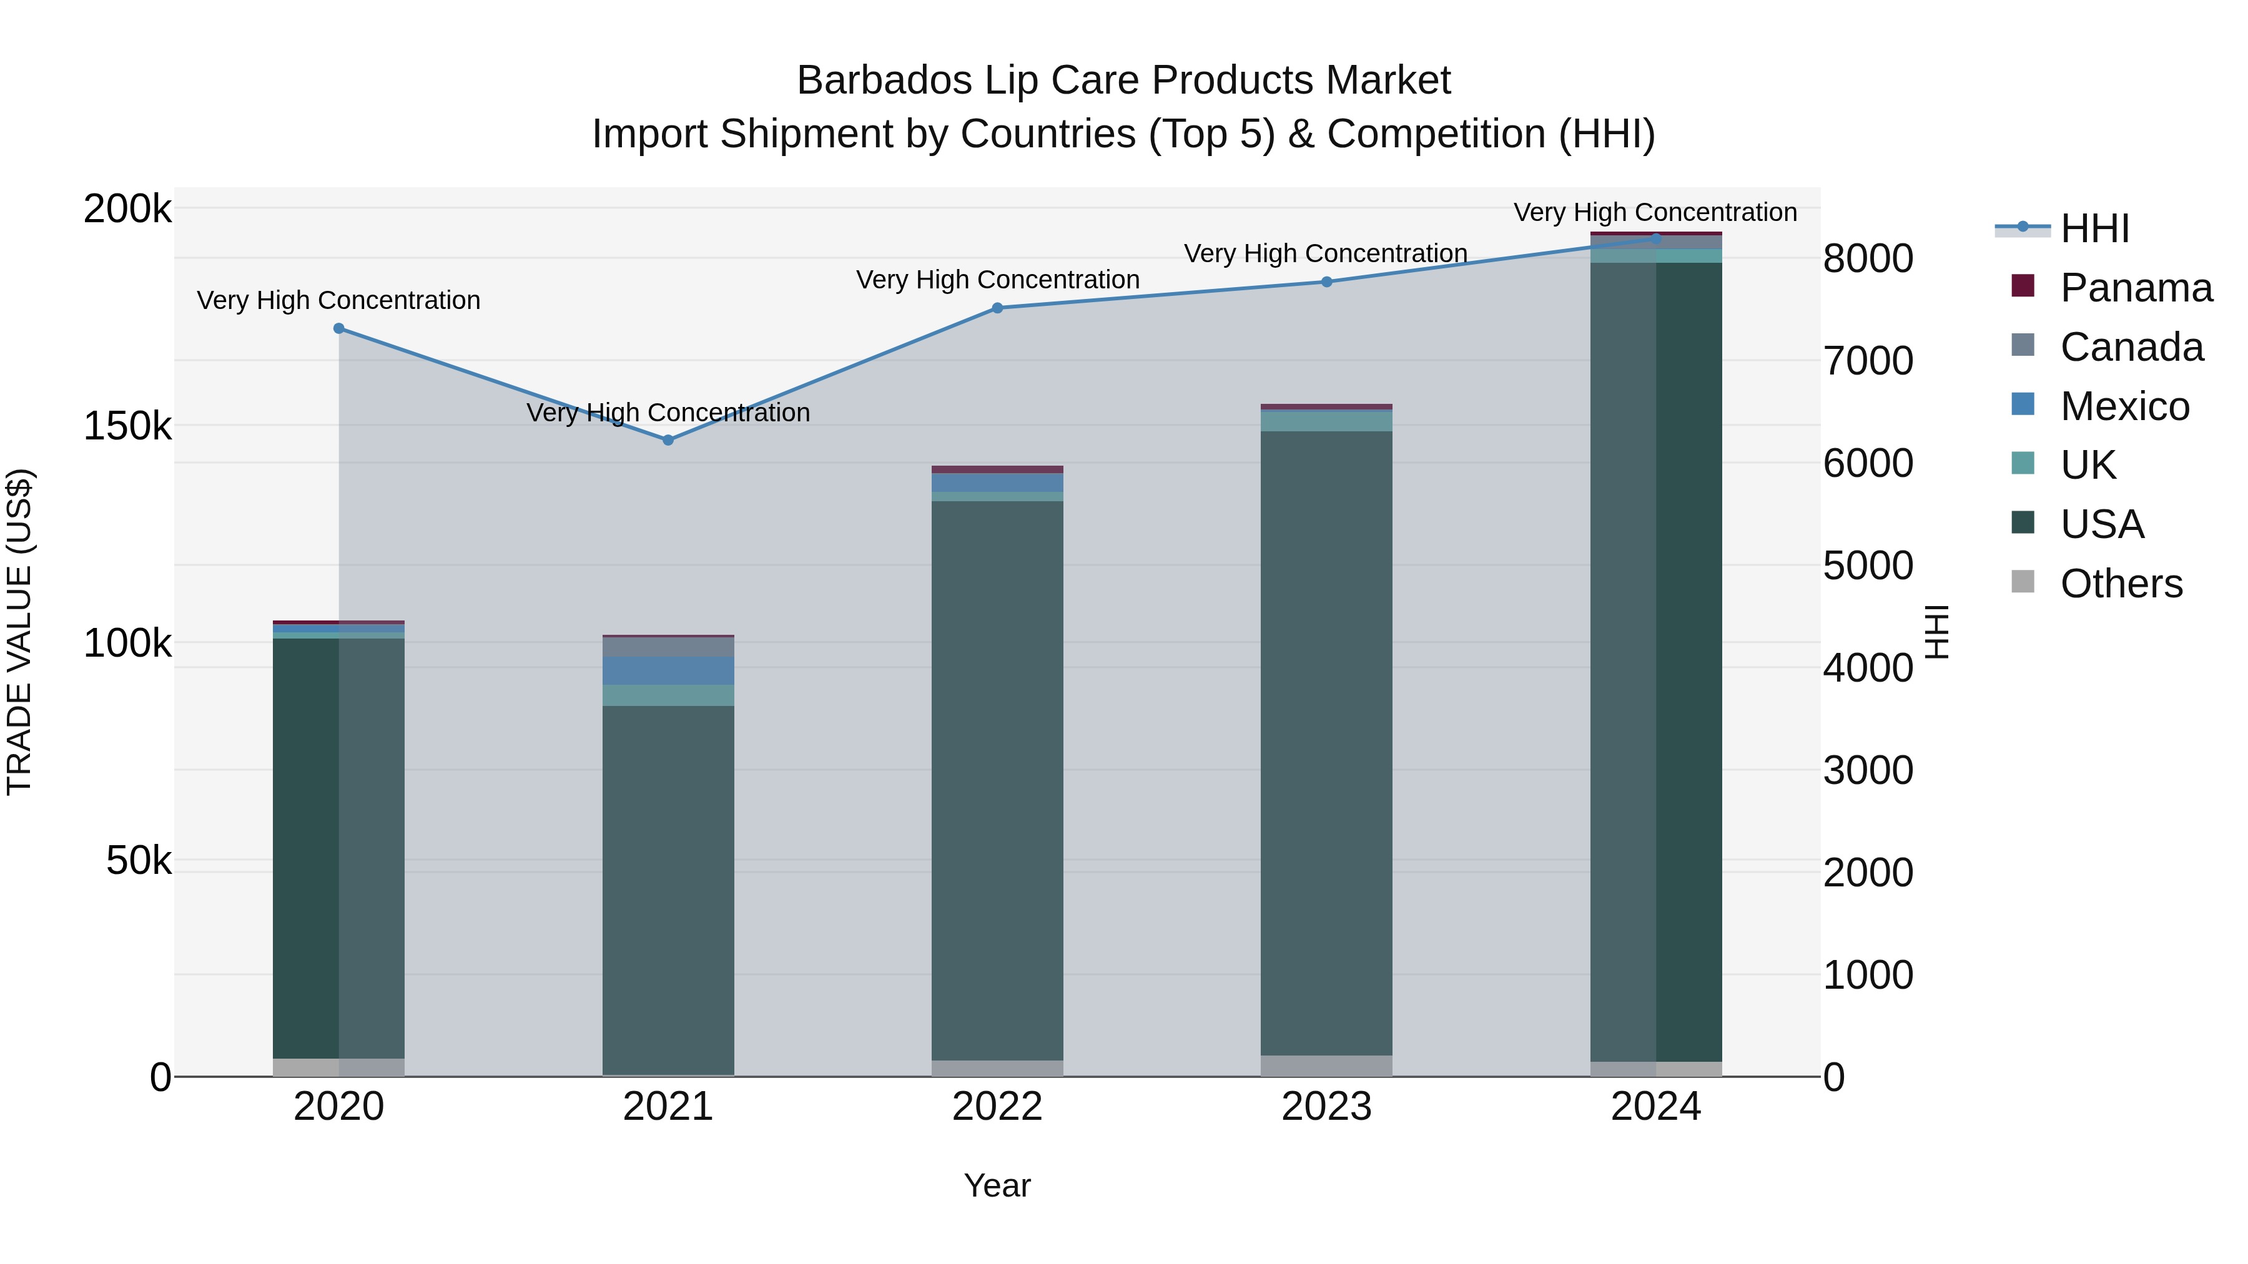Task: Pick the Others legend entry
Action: coord(2120,584)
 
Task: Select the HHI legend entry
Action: coord(2094,228)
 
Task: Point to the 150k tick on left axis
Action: coord(127,426)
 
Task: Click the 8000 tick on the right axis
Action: coord(1868,258)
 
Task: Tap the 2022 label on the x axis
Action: coord(997,1107)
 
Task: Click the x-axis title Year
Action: coord(997,1185)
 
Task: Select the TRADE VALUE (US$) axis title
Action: coord(19,632)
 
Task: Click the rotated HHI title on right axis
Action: coord(1936,632)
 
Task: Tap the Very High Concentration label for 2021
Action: coord(668,412)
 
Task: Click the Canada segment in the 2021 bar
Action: coord(668,647)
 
